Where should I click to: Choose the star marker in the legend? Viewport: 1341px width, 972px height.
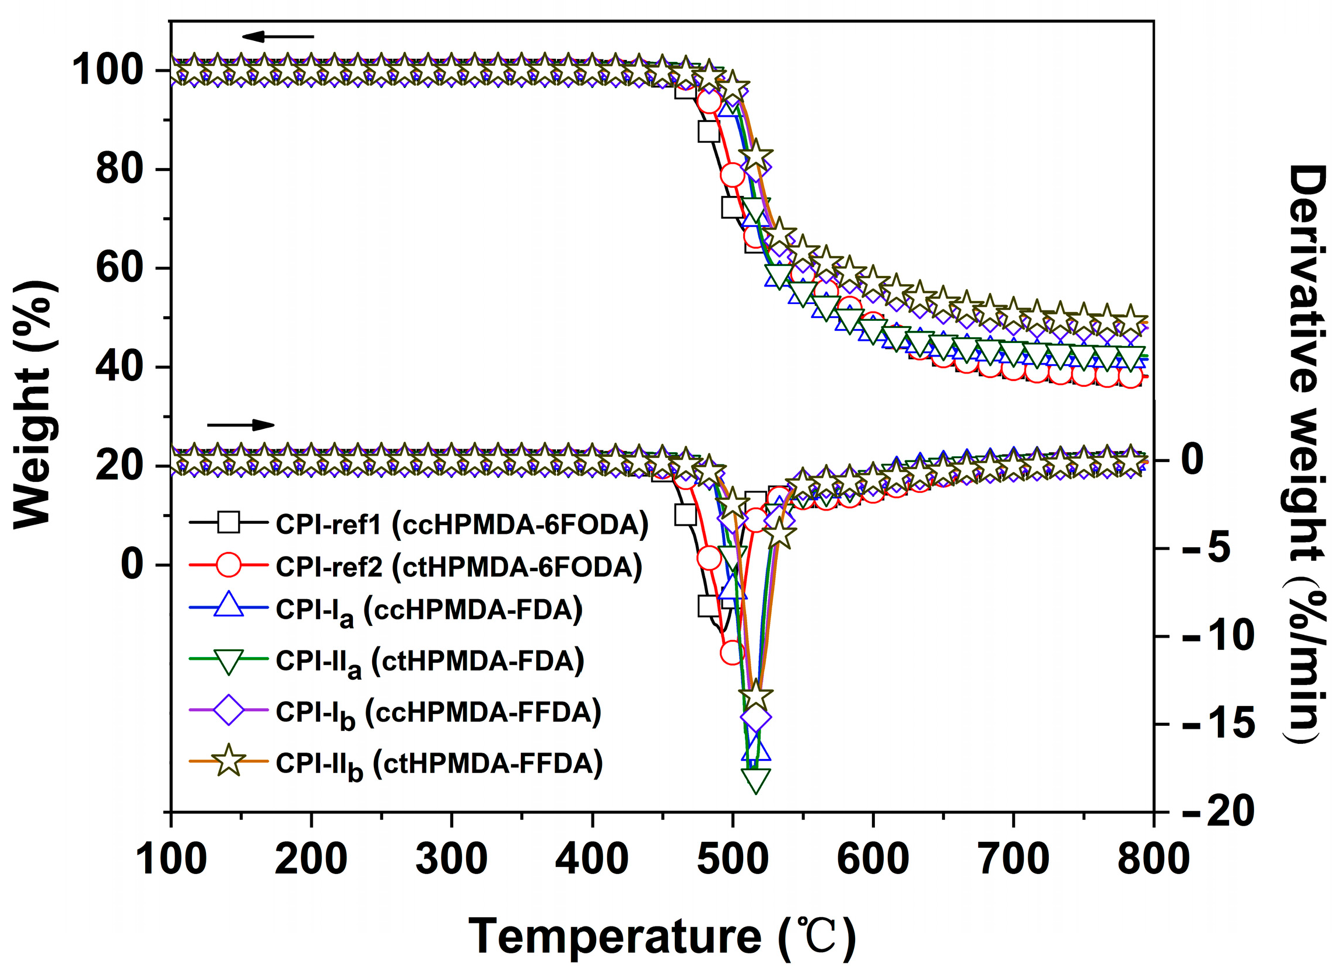pyautogui.click(x=228, y=762)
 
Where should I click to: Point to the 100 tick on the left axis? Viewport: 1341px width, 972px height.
pyautogui.click(x=107, y=71)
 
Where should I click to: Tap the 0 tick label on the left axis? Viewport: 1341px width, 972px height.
pyautogui.click(x=132, y=565)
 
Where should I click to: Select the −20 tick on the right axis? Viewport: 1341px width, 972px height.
pyautogui.click(x=1220, y=812)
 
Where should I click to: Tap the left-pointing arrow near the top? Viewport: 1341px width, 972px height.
pyautogui.click(x=278, y=37)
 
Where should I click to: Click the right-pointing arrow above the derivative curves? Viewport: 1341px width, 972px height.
pyautogui.click(x=241, y=425)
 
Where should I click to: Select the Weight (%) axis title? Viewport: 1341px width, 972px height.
pyautogui.click(x=34, y=405)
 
